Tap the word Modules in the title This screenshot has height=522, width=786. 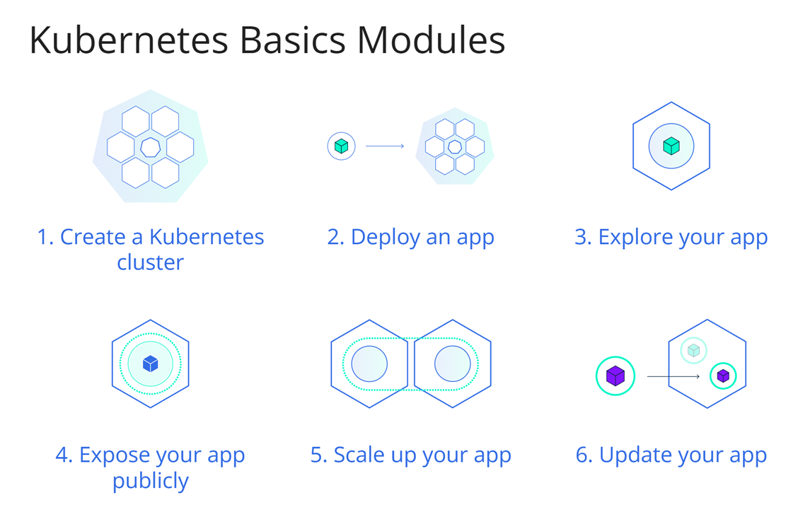431,40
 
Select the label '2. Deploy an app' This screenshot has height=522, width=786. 410,238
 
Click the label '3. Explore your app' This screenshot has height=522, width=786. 671,238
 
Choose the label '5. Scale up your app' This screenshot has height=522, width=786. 410,456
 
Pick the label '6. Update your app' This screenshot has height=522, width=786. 671,456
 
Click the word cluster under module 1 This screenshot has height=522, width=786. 151,262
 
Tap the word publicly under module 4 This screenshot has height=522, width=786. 151,482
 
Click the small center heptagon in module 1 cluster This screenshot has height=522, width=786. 151,147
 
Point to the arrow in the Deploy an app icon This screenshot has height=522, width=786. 385,146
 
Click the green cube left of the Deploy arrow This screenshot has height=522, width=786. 342,146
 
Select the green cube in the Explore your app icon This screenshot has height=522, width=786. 671,146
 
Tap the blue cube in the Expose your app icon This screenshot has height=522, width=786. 151,363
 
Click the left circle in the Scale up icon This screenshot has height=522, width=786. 369,364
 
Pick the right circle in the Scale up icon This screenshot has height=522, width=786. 452,364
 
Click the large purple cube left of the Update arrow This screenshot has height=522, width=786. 615,376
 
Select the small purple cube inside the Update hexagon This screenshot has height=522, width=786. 723,376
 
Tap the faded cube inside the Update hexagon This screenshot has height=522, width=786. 694,350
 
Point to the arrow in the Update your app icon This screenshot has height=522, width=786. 674,376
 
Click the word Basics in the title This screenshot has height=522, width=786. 293,40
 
